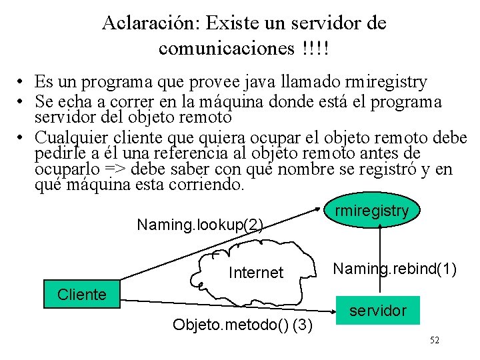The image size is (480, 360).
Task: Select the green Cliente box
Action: pos(82,295)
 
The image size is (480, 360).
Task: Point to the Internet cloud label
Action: pos(256,273)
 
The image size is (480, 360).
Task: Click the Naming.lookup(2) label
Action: pos(200,225)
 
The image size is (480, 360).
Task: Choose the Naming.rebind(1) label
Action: pos(395,269)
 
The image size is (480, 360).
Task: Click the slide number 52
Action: pos(435,341)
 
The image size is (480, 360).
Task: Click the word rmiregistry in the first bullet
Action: pos(387,83)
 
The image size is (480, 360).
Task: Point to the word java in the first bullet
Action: pos(263,83)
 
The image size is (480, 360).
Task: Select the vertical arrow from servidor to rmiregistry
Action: pos(379,260)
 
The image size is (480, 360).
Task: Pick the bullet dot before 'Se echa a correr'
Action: pos(22,102)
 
